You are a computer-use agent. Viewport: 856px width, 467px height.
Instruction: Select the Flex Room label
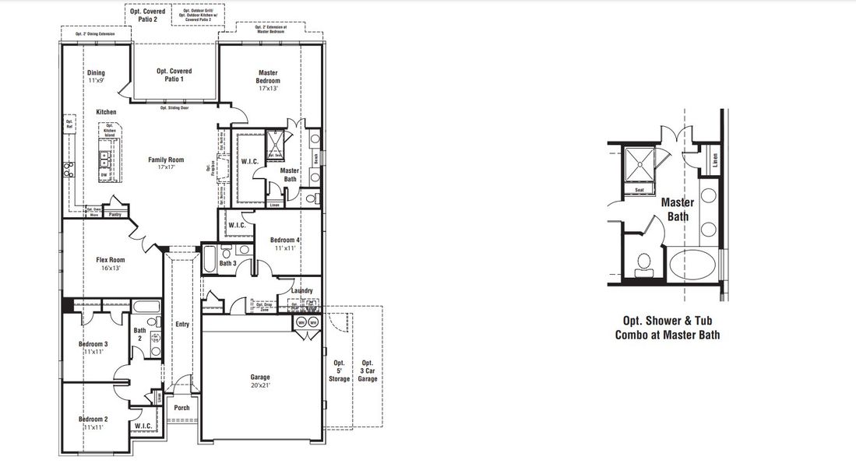click(111, 264)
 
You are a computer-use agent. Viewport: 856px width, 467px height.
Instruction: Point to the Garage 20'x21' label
click(260, 381)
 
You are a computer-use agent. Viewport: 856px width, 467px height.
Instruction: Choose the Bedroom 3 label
click(93, 348)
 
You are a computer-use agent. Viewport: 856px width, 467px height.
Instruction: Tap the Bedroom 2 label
click(93, 423)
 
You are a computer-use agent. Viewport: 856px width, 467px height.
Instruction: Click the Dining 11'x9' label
click(96, 77)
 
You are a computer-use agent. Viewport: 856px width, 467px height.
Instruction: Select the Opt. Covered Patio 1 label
click(174, 75)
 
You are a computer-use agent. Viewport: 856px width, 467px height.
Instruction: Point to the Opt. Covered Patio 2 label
click(148, 16)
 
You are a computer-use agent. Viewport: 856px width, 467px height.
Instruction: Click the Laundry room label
click(302, 291)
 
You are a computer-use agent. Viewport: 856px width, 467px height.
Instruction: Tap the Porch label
click(181, 408)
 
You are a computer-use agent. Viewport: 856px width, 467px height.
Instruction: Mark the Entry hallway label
click(182, 325)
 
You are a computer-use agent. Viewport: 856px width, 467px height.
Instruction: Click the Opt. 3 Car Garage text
click(368, 371)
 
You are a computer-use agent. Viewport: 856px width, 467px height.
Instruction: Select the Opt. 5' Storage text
click(339, 371)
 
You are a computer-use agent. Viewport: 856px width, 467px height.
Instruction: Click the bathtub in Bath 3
click(210, 259)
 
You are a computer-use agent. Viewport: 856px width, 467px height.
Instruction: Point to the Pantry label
click(115, 214)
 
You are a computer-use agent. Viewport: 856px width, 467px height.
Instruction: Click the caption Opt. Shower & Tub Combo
click(667, 328)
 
